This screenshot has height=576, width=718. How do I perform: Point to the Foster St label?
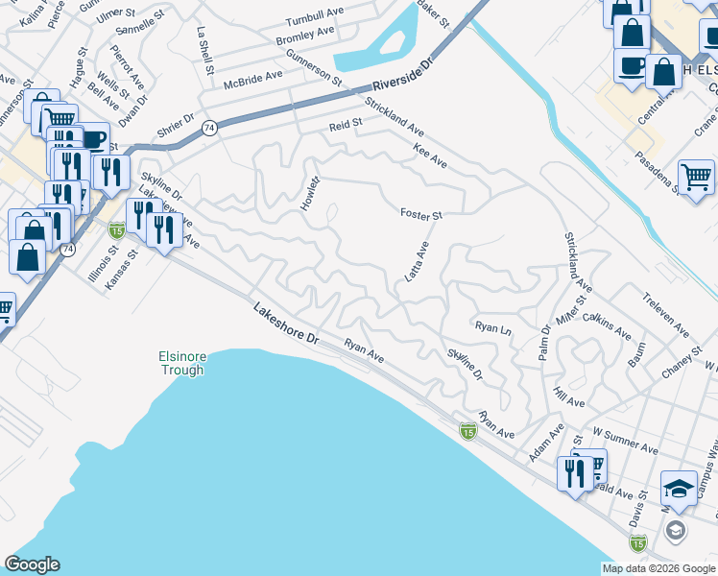point(420,216)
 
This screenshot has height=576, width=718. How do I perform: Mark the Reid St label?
point(346,124)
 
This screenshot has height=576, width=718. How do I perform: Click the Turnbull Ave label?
point(315,21)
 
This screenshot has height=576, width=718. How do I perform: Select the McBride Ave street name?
point(253,75)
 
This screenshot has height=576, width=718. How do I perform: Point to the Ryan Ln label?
point(493,327)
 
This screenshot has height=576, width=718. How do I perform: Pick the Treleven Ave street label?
point(666,315)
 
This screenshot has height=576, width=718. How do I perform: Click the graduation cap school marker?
point(679,490)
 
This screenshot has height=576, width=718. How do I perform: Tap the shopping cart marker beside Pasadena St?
point(696,176)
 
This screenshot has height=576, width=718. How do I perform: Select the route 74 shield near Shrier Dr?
point(210,128)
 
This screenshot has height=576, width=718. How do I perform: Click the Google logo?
point(32,564)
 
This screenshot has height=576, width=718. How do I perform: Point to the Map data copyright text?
point(658,568)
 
